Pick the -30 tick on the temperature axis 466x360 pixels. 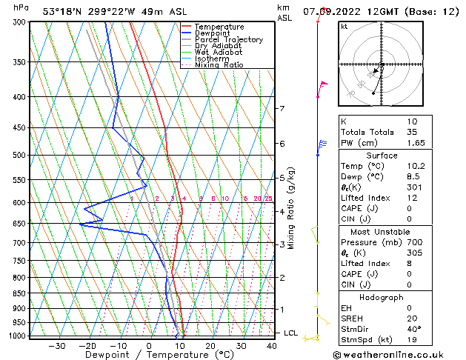pos(56,346)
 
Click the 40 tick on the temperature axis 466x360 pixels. pos(272,346)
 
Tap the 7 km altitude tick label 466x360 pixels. pos(282,109)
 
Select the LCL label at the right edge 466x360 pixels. pos(291,333)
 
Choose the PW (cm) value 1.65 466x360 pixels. pos(413,142)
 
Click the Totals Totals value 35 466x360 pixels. pos(413,132)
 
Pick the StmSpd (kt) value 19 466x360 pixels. pos(413,339)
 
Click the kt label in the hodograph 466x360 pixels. pos(344,26)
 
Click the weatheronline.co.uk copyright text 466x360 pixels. pos(390,354)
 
